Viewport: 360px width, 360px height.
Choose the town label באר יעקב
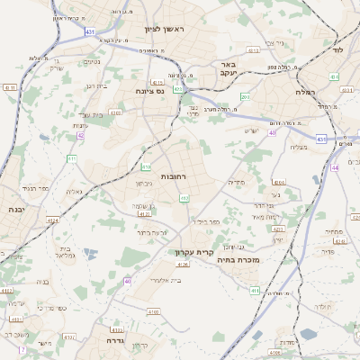click(x=229, y=71)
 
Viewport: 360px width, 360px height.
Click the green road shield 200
click(x=244, y=95)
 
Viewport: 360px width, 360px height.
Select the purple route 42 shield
click(x=80, y=136)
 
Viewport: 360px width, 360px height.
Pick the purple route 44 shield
click(x=335, y=167)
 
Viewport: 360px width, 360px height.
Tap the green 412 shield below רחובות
click(x=184, y=197)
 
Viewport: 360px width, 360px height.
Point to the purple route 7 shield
click(x=22, y=348)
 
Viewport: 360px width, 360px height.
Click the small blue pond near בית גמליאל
click(x=87, y=253)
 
